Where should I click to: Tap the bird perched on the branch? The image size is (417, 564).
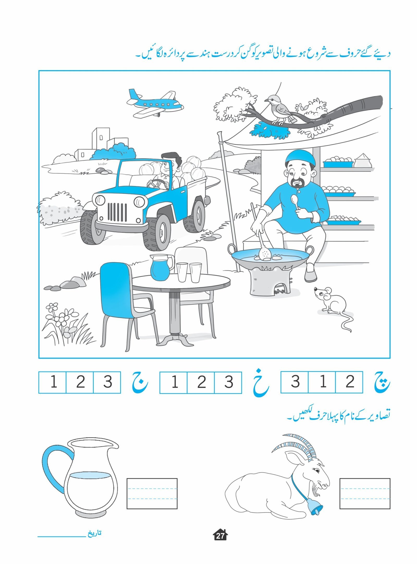click(x=280, y=110)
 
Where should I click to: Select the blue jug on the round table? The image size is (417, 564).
click(x=161, y=267)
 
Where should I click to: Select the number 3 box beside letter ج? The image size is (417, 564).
click(x=107, y=382)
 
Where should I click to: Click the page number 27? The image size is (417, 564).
click(x=220, y=536)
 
